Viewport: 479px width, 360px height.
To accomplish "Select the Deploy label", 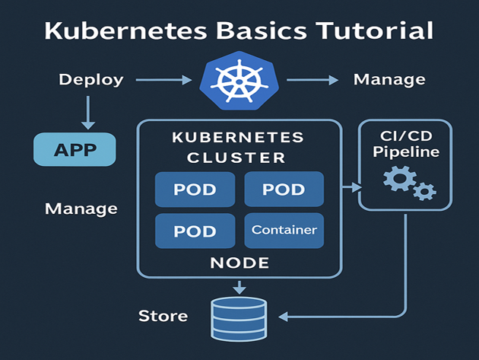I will coord(90,80).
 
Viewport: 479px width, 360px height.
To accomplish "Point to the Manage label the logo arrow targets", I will coord(389,80).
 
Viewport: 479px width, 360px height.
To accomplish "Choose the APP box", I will coord(75,149).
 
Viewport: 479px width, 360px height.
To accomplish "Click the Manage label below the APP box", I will coord(81,208).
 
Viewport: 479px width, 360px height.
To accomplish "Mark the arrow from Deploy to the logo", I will coord(162,80).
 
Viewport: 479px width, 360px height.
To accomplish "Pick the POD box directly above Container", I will coord(284,190).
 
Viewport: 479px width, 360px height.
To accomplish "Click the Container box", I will coord(284,230).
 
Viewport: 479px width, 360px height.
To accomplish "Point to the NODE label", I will coord(239,263).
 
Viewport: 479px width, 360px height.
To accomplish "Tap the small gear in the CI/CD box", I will coord(423,191).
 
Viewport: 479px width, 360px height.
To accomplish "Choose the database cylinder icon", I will coord(239,317).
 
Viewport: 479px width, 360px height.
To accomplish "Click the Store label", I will coord(163,315).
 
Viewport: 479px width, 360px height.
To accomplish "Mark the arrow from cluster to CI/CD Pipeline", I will coord(351,186).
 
